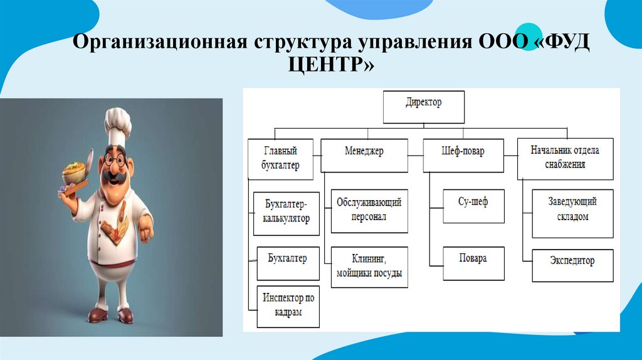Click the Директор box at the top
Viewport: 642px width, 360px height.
click(x=424, y=107)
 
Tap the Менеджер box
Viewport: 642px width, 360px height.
click(x=364, y=155)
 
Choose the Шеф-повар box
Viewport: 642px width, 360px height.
click(x=463, y=155)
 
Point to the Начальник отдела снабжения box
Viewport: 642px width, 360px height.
click(x=565, y=158)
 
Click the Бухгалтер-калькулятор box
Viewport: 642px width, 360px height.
click(x=286, y=213)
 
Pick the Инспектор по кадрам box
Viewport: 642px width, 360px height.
click(x=288, y=306)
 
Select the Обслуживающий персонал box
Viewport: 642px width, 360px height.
click(x=369, y=211)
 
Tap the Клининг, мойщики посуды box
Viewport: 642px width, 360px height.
click(x=369, y=267)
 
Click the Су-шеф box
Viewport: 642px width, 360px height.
click(x=473, y=205)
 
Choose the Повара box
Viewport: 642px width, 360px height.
click(x=473, y=263)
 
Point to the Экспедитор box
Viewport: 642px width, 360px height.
click(x=572, y=265)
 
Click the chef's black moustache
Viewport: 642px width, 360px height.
click(x=116, y=176)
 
